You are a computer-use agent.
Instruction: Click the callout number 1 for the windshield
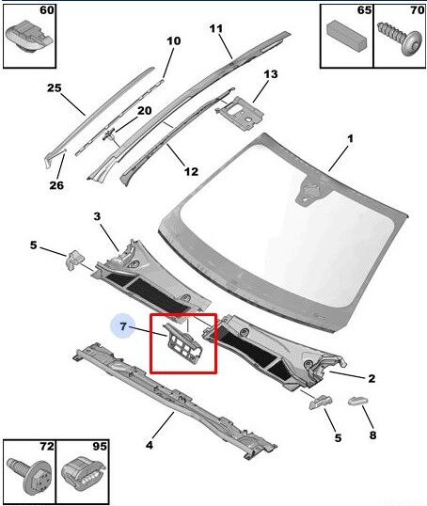[x=350, y=139]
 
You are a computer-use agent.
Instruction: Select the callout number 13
[x=271, y=74]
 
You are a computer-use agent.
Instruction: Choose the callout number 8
[x=372, y=435]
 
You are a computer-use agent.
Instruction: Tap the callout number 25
[x=54, y=88]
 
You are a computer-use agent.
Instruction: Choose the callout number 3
[x=97, y=217]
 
